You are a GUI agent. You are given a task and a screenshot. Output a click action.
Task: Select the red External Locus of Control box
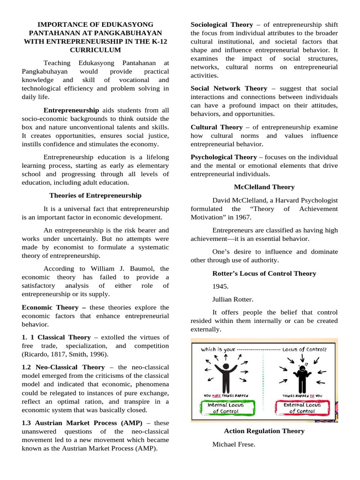pyautogui.click(x=302, y=407)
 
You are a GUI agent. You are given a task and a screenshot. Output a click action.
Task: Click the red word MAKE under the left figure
pyautogui.click(x=217, y=395)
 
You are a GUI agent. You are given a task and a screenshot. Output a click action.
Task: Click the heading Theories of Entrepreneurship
pyautogui.click(x=95, y=195)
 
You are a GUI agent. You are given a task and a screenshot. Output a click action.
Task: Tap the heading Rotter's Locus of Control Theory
pyautogui.click(x=264, y=273)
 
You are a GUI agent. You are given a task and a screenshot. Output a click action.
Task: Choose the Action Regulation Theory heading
pyautogui.click(x=264, y=431)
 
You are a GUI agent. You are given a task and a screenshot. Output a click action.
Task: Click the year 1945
pyautogui.click(x=220, y=286)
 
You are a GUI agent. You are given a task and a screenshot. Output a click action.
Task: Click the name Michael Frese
pyautogui.click(x=233, y=444)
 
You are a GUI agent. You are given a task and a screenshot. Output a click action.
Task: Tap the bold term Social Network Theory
pyautogui.click(x=229, y=88)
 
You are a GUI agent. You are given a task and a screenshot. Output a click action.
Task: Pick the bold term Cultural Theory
pyautogui.click(x=217, y=127)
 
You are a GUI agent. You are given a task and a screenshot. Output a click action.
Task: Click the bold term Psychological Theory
pyautogui.click(x=224, y=157)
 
